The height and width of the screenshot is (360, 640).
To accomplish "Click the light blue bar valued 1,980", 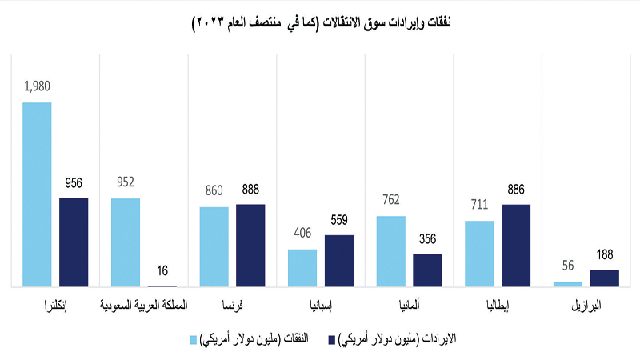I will pyautogui.click(x=37, y=194).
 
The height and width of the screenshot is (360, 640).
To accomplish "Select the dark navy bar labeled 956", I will pyautogui.click(x=74, y=242).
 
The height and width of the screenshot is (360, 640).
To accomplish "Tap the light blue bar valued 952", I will pyautogui.click(x=126, y=242).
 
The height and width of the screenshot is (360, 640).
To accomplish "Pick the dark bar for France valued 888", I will pyautogui.click(x=250, y=245).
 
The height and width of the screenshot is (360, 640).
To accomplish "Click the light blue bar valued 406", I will pyautogui.click(x=302, y=267).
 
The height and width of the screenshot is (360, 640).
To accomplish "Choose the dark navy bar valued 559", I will pyautogui.click(x=339, y=260).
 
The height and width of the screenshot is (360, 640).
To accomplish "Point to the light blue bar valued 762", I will pyautogui.click(x=391, y=250).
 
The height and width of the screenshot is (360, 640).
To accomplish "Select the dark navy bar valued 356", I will pyautogui.click(x=427, y=270).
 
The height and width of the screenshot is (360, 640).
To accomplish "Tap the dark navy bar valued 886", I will pyautogui.click(x=516, y=245).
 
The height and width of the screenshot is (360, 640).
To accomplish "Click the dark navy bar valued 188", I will pyautogui.click(x=604, y=278).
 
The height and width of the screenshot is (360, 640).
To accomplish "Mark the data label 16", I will pyautogui.click(x=162, y=272).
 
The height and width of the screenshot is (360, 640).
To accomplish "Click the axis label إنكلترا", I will pyautogui.click(x=55, y=306).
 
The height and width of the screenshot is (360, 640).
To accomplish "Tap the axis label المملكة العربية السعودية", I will pyautogui.click(x=144, y=306).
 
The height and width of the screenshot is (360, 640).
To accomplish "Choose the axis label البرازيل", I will pyautogui.click(x=586, y=306).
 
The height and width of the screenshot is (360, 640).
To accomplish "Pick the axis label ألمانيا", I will pyautogui.click(x=410, y=306).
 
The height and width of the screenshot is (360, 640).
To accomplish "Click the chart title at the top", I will pyautogui.click(x=320, y=23).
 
